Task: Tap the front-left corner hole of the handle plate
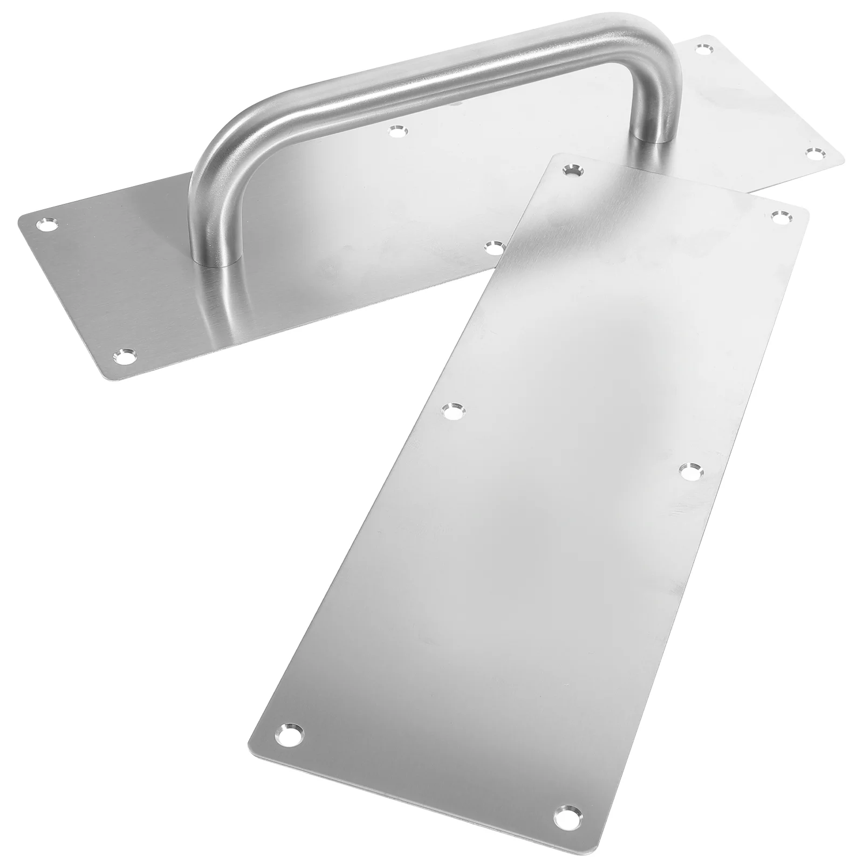(x=125, y=355)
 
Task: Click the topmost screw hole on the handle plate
(x=703, y=50)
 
